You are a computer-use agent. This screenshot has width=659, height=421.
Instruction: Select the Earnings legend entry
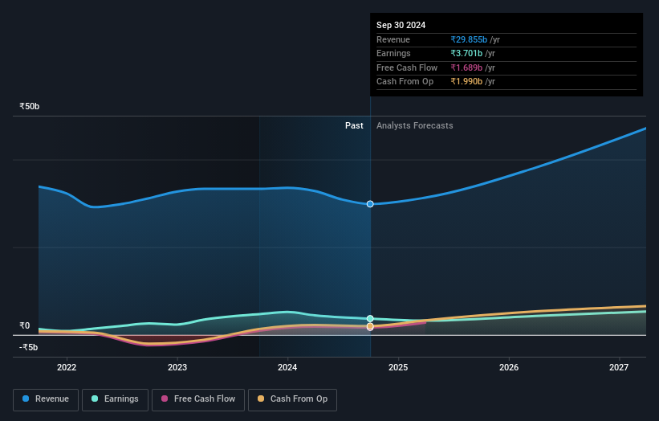[114, 399]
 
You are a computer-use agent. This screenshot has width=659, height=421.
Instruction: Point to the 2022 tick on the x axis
[67, 367]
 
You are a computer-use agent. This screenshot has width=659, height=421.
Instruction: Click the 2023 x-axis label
[177, 367]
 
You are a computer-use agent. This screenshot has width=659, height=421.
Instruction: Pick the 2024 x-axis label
[287, 367]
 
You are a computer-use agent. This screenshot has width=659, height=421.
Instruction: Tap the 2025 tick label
[398, 367]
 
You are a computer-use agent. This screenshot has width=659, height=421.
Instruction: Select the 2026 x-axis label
[509, 367]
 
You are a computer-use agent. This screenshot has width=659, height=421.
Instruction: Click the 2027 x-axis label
[619, 367]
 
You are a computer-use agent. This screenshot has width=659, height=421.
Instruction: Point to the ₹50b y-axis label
[30, 106]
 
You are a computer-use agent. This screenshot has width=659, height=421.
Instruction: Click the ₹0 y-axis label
[24, 326]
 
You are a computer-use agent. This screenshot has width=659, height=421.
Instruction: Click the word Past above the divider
[354, 126]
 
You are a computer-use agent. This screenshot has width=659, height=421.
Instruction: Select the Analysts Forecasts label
[414, 126]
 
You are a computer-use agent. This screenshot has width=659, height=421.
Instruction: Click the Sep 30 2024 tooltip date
[401, 25]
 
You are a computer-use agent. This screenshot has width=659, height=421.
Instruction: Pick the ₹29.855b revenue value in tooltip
[468, 40]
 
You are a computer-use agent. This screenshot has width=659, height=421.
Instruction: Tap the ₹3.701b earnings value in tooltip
[466, 54]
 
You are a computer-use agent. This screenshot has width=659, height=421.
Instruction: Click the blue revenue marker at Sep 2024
[370, 204]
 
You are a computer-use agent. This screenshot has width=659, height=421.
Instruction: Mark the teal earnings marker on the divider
[370, 319]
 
